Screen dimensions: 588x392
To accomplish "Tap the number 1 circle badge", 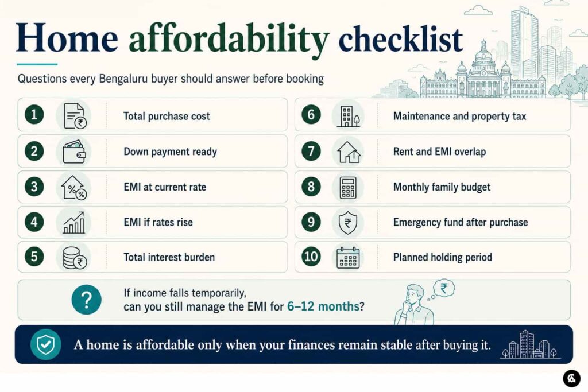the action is click(34, 114).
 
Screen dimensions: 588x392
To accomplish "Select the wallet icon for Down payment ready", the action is click(74, 152).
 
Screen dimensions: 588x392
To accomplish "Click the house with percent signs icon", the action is click(74, 187).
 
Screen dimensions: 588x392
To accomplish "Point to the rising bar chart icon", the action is click(74, 222).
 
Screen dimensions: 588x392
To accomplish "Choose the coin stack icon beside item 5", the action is click(75, 258).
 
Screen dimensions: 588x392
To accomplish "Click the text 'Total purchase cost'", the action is click(167, 116).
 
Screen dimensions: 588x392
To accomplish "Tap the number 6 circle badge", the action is click(311, 114).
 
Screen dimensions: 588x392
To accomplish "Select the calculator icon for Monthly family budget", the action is click(348, 187).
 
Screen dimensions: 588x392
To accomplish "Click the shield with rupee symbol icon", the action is click(347, 222).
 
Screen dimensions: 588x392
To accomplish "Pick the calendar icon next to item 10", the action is click(348, 258).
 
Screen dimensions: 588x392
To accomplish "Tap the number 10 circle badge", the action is click(311, 257).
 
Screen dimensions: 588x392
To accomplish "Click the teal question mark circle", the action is click(86, 300).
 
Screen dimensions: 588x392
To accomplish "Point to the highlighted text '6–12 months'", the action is click(323, 306).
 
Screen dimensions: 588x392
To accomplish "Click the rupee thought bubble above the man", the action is click(444, 288).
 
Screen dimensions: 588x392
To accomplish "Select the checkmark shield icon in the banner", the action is click(46, 344).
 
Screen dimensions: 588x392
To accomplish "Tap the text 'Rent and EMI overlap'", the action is click(439, 152).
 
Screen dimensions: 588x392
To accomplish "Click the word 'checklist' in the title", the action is click(400, 39).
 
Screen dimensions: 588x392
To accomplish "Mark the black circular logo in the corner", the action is click(571, 378).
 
